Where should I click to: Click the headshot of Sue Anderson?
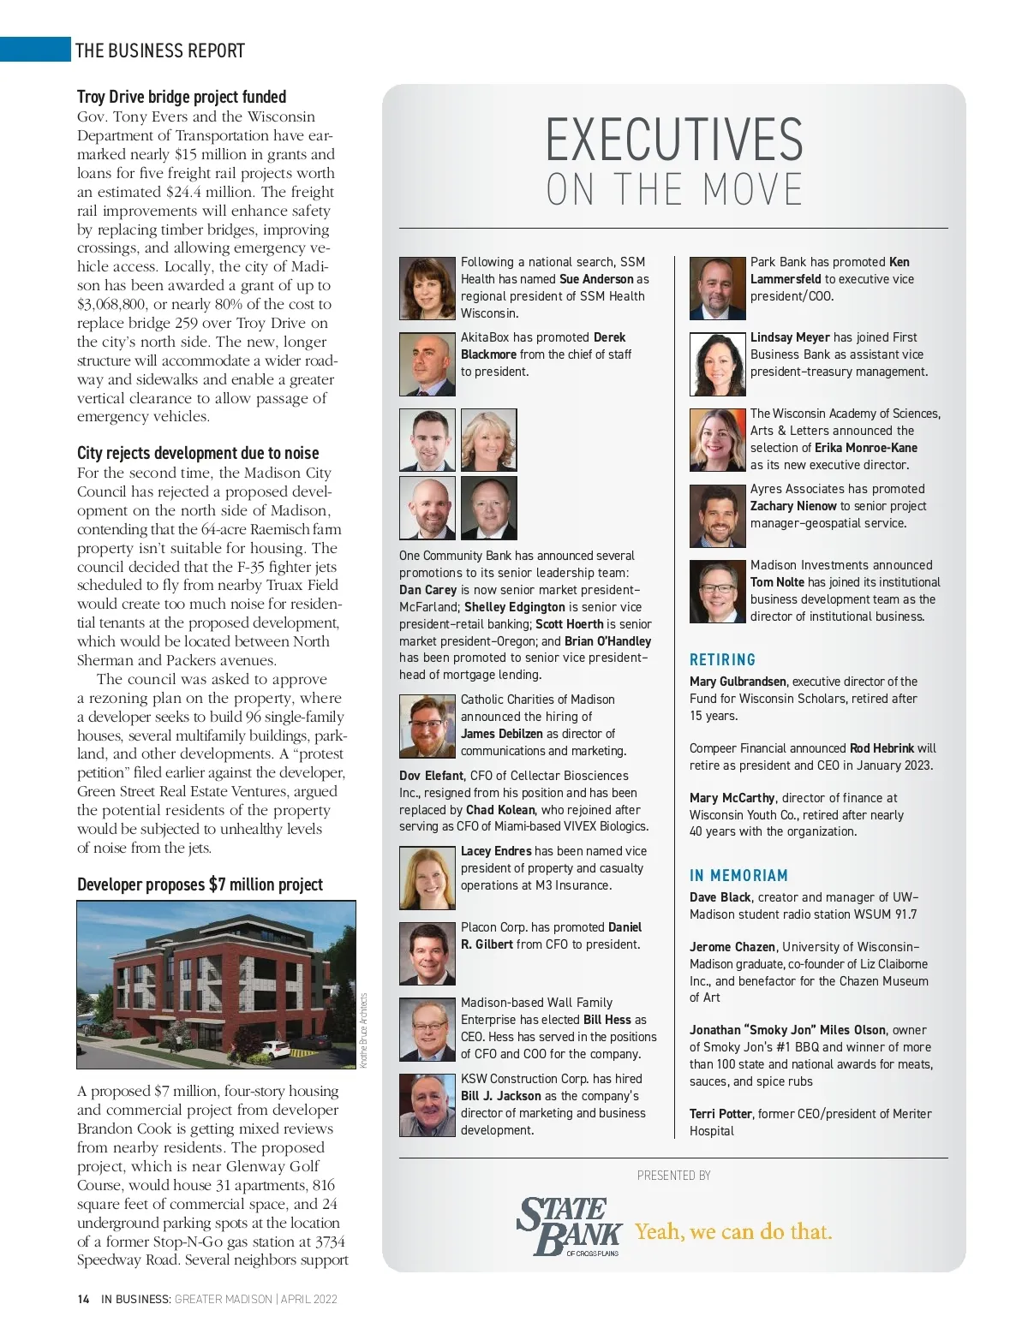[427, 288]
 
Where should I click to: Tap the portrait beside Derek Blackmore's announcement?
[427, 364]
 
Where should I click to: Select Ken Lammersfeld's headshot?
[717, 288]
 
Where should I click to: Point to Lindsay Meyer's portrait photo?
[717, 364]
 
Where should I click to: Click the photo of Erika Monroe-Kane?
[717, 440]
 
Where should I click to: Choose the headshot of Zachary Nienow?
[717, 515]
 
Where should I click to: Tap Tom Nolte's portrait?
[717, 592]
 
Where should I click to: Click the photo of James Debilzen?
[427, 726]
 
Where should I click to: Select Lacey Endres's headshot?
[427, 878]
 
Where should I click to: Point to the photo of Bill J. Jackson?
[427, 1105]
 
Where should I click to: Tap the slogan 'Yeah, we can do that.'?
[733, 1232]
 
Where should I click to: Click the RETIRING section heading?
[723, 660]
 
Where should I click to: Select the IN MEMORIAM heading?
[738, 876]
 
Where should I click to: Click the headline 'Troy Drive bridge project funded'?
[182, 97]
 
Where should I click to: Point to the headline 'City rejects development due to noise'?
[198, 453]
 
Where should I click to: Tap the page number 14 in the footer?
[83, 1299]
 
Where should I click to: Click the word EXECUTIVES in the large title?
[674, 140]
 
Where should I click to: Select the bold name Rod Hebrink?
[882, 748]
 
